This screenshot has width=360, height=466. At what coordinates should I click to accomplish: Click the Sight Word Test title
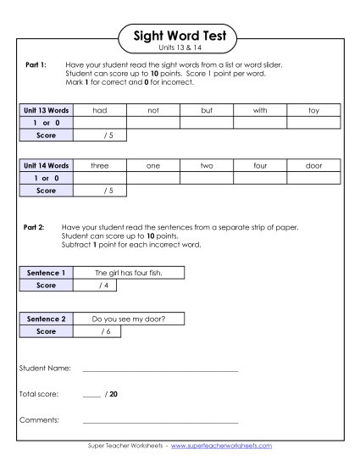click(x=180, y=36)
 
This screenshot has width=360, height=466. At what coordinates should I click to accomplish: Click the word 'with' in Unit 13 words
click(x=261, y=110)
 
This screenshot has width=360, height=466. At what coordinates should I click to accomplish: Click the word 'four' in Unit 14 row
click(x=261, y=167)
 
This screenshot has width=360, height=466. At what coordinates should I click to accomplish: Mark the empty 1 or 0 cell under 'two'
click(x=207, y=179)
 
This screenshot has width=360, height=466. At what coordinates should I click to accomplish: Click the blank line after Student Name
click(x=160, y=370)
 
